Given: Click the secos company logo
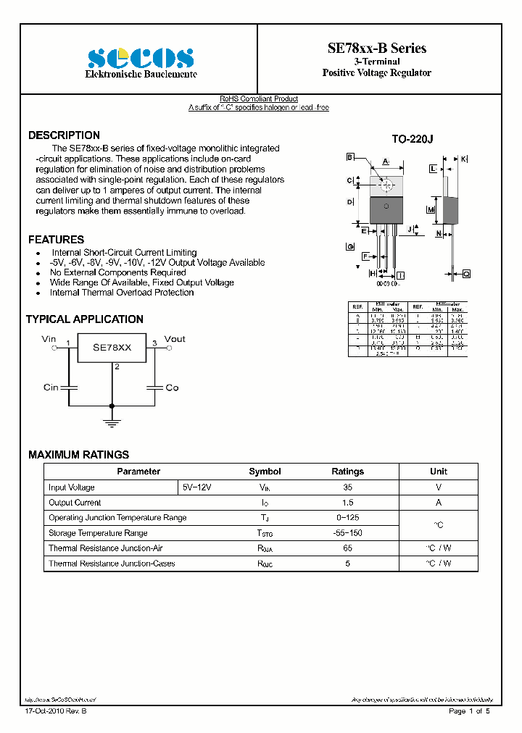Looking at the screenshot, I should click(x=140, y=57).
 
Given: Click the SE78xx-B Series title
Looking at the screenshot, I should click(x=377, y=49).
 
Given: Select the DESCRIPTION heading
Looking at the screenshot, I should click(x=64, y=135).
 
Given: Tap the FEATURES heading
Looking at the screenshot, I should click(x=56, y=240).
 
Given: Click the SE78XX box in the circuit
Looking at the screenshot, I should click(x=112, y=348).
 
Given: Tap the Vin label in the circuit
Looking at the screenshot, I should click(x=49, y=338).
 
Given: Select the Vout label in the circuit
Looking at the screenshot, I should click(x=175, y=338).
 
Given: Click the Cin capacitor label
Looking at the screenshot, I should click(x=51, y=388).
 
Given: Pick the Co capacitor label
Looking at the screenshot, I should click(x=172, y=388).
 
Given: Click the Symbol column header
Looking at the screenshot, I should click(x=265, y=472).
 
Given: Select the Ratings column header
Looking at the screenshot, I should click(x=348, y=472).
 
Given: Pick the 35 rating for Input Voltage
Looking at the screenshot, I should click(x=348, y=487).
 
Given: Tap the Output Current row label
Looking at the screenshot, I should click(x=75, y=503).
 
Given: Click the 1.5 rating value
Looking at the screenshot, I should click(x=348, y=503).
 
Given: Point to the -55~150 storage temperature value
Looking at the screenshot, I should click(x=348, y=533).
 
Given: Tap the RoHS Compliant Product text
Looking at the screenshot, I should click(x=259, y=99).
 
